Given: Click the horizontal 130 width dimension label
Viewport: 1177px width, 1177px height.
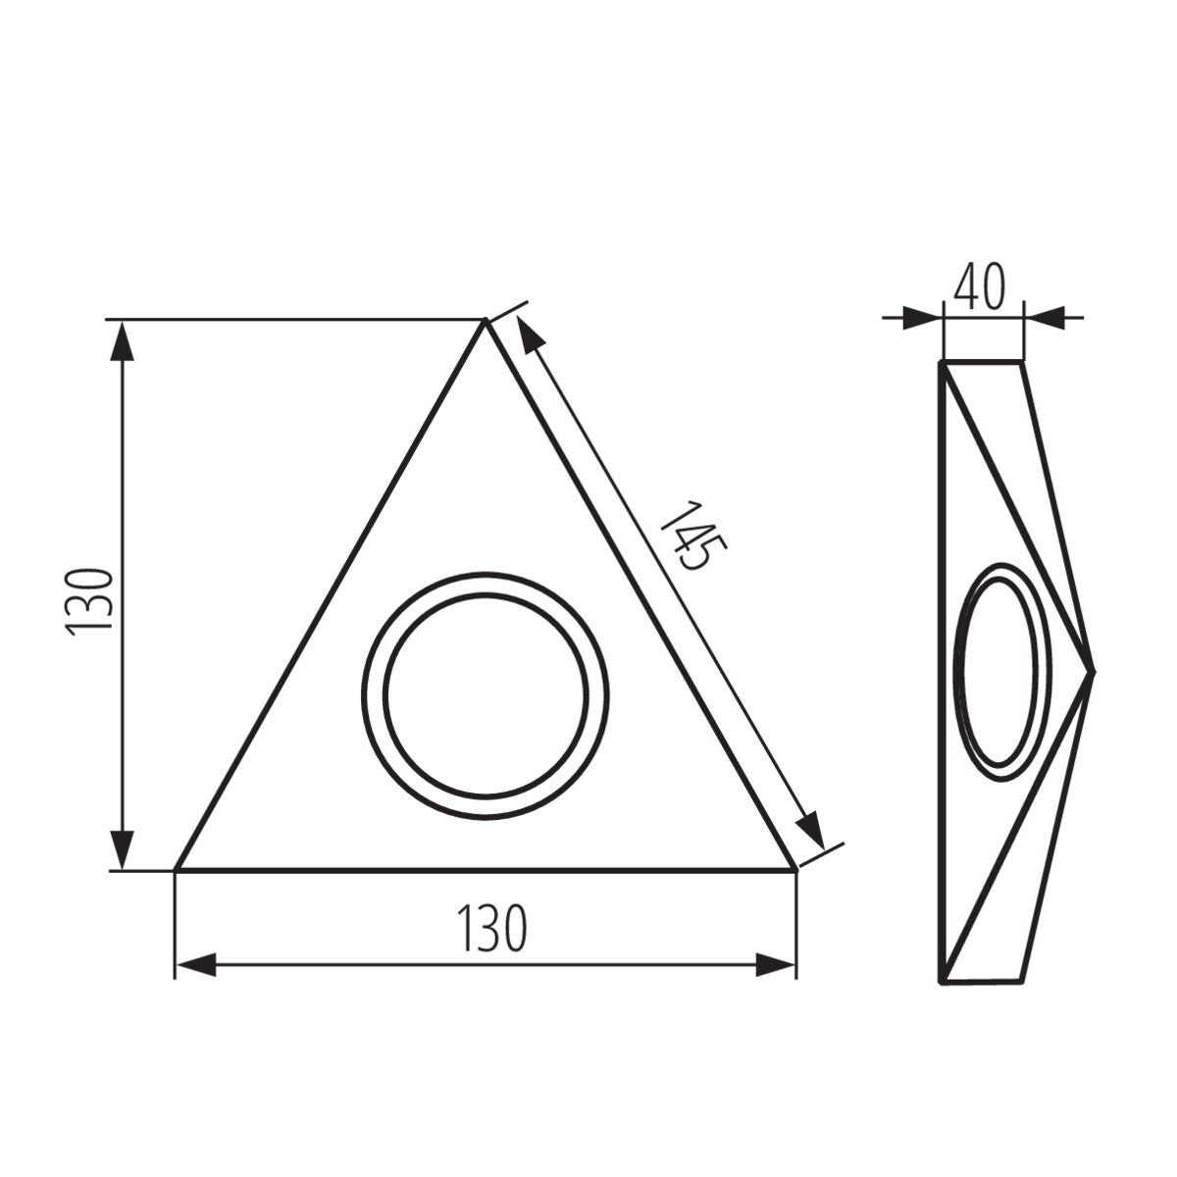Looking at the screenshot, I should (x=491, y=927).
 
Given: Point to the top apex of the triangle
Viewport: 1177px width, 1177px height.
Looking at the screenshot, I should (x=484, y=322).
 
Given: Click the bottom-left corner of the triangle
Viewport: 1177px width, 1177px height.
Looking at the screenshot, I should (x=177, y=869).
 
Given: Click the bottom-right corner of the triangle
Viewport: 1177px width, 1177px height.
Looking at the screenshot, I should (x=794, y=869).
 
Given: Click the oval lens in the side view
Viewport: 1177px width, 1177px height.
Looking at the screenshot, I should (x=1000, y=672).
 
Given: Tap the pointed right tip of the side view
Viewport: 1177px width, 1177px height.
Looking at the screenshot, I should (x=1093, y=672).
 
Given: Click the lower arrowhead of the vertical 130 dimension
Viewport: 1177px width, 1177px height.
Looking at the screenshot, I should (x=122, y=849).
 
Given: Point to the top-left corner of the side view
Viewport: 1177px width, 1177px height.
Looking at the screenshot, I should (x=943, y=363).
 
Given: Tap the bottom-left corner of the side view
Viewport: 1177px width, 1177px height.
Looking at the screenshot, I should (x=943, y=980).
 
